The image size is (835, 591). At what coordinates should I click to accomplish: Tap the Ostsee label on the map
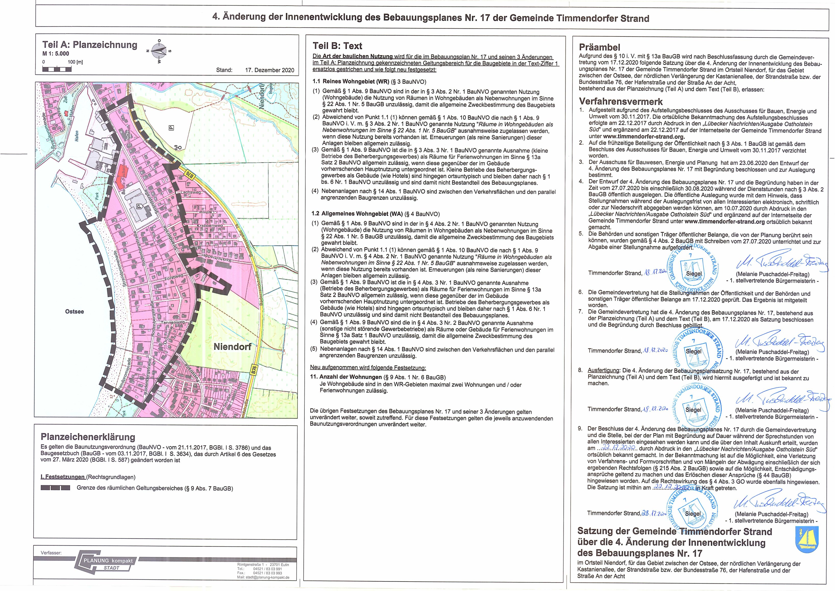75,312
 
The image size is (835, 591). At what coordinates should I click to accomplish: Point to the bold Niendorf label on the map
232,347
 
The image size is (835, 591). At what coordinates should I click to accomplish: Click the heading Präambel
599,47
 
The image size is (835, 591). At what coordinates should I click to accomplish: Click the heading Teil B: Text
337,46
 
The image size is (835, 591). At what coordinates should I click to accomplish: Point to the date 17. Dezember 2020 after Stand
269,70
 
